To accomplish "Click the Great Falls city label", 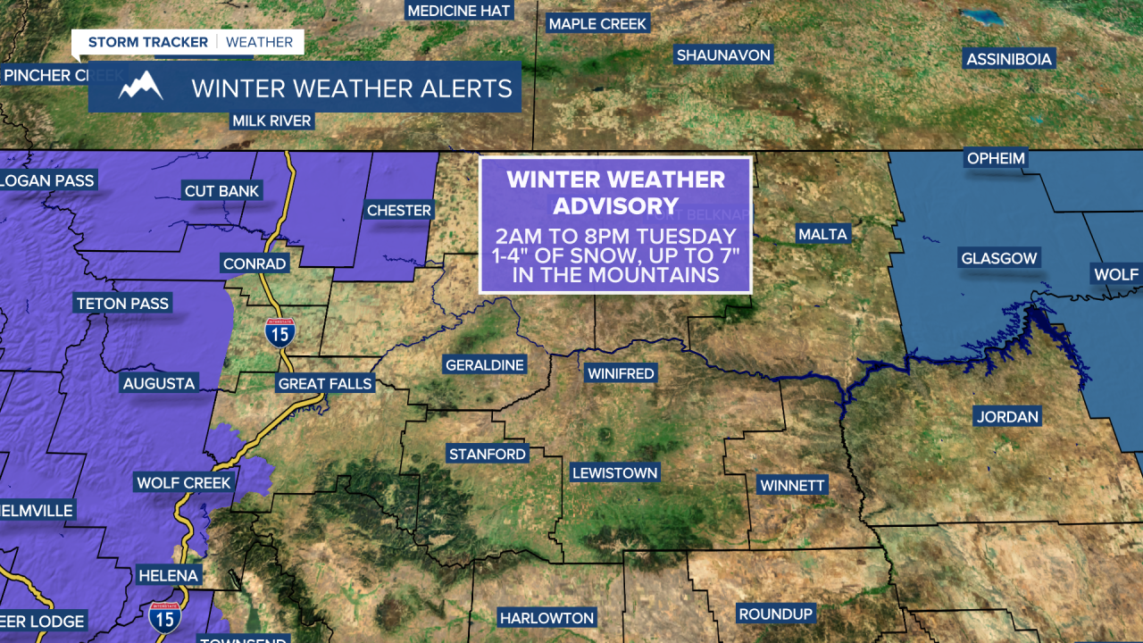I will click(x=325, y=384).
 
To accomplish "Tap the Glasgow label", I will click(x=999, y=259).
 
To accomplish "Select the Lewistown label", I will click(x=614, y=473).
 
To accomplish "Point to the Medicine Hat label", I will click(x=458, y=11).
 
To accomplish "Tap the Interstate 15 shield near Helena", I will click(x=165, y=615).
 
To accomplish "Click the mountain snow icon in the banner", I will click(x=140, y=87).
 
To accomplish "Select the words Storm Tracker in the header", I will click(x=147, y=42).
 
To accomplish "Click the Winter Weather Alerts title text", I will click(x=352, y=88).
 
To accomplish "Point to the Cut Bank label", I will click(x=221, y=191).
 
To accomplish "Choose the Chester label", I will click(x=399, y=211).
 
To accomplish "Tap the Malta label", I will click(x=822, y=234).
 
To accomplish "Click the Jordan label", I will click(x=1007, y=417).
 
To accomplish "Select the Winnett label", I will click(x=792, y=486).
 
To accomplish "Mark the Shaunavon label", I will click(x=723, y=55).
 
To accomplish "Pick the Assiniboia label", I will click(x=1010, y=60).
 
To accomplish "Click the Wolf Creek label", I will click(x=184, y=483).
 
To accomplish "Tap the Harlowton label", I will click(x=546, y=618).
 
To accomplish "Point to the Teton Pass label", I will click(x=122, y=304).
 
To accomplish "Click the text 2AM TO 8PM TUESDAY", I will click(x=616, y=237).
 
